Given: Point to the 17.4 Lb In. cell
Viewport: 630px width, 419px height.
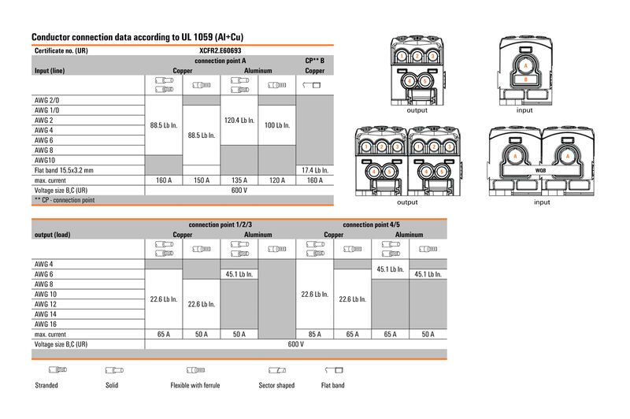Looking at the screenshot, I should (x=315, y=169).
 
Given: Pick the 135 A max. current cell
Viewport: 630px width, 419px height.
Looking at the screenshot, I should (x=239, y=180).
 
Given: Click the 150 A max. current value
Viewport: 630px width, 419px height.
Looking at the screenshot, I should (x=202, y=180).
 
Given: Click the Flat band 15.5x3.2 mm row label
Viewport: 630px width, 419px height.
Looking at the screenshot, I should (x=64, y=169).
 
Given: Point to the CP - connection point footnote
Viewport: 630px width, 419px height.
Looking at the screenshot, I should (x=65, y=200).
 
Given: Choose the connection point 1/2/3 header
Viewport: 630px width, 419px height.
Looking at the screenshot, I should (x=220, y=224).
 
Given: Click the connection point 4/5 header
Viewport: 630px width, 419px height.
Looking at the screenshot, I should (x=372, y=224).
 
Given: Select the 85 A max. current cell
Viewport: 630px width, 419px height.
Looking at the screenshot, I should (x=315, y=334).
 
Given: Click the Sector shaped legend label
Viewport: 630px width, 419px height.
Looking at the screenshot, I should (x=276, y=385).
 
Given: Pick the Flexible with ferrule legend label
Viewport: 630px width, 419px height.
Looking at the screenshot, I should (x=195, y=385).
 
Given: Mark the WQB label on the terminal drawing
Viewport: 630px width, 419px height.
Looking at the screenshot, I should (x=540, y=169).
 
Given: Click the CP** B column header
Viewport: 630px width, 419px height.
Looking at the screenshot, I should (x=315, y=60).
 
